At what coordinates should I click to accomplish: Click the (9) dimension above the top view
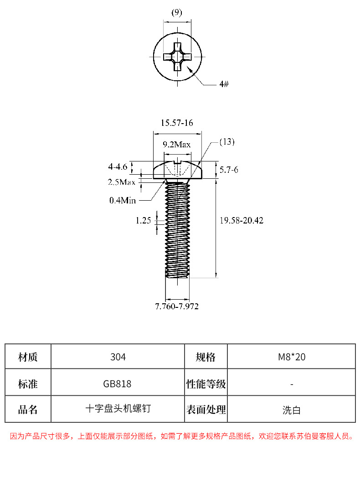(x=176, y=13)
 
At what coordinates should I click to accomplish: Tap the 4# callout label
(x=224, y=84)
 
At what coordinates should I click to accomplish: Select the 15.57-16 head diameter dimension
(x=177, y=123)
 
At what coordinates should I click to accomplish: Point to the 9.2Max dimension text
(x=177, y=145)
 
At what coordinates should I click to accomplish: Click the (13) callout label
(x=227, y=142)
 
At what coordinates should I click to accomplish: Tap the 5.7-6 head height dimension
(x=229, y=170)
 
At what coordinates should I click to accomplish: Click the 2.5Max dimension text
(x=122, y=182)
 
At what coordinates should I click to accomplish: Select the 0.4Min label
(x=123, y=200)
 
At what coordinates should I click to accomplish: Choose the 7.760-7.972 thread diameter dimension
(x=177, y=306)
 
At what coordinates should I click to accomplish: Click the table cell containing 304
(x=118, y=357)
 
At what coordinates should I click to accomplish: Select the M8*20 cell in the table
(x=292, y=357)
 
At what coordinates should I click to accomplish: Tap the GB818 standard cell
(x=118, y=384)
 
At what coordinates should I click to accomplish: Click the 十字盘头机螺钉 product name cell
(x=118, y=409)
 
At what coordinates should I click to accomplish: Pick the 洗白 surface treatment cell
(x=292, y=410)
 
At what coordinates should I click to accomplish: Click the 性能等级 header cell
(x=206, y=384)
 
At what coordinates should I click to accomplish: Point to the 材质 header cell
(x=28, y=357)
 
